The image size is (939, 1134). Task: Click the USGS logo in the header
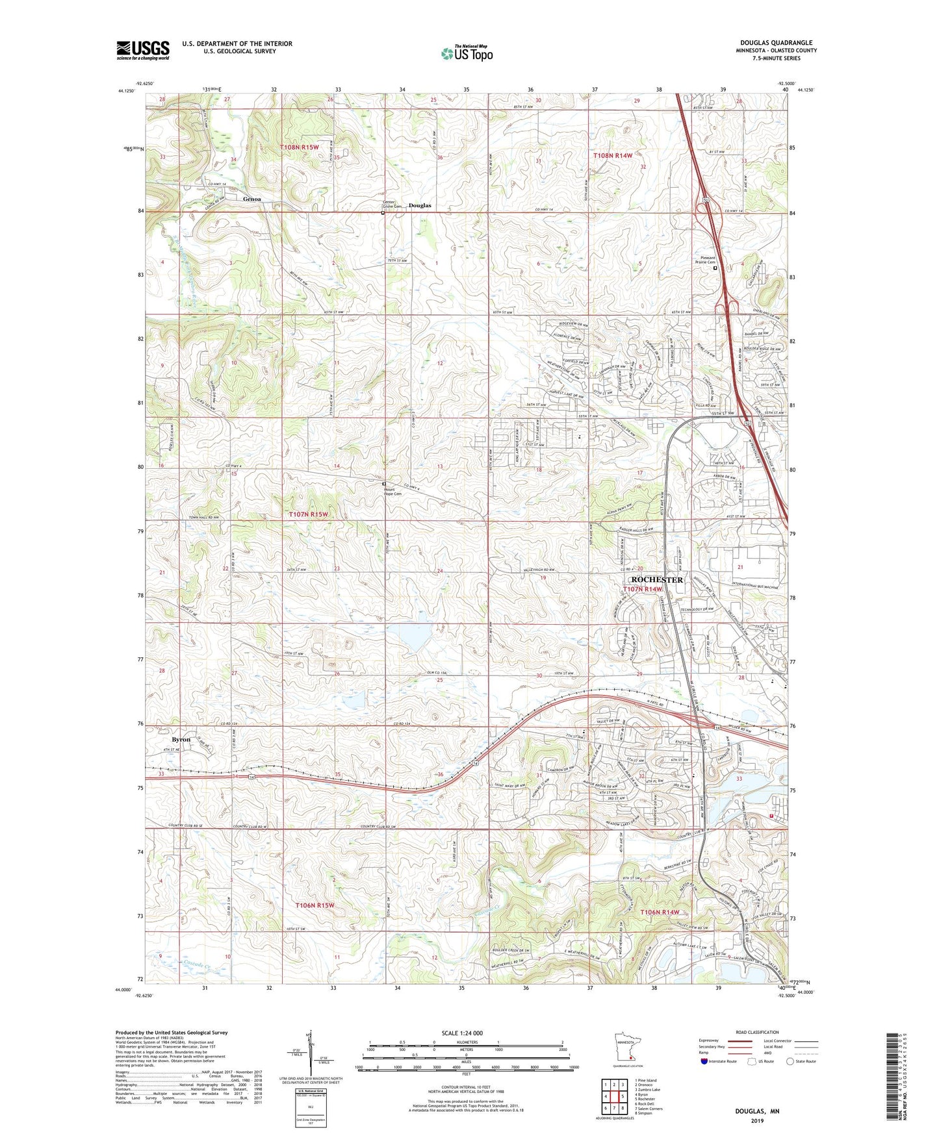142,49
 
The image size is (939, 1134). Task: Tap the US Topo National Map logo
466,53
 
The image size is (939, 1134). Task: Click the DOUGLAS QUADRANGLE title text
776,43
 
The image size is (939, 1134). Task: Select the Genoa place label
253,199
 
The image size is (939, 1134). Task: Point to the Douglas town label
420,205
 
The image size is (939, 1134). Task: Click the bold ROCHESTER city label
657,579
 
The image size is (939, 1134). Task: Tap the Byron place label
181,739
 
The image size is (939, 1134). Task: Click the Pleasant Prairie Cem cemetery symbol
715,268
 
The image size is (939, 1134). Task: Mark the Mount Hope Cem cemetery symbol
383,484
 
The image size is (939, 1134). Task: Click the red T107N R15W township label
308,514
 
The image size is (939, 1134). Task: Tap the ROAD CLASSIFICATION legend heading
757,1032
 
